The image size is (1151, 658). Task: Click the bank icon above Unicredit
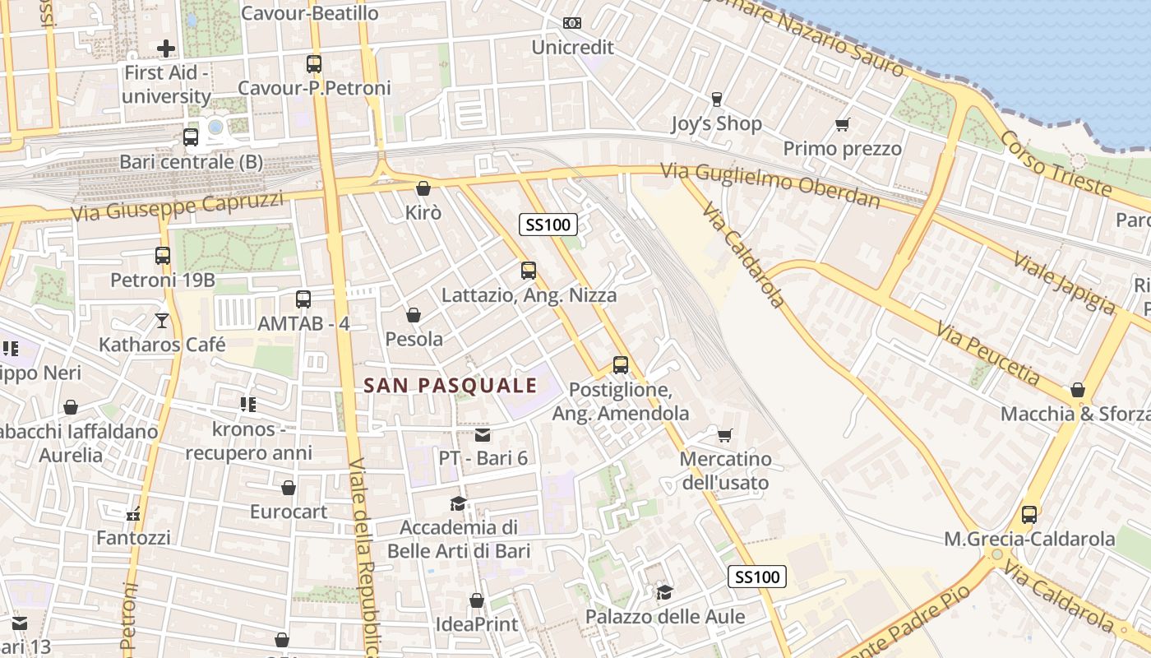(572, 23)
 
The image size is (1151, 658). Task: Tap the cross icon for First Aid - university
(166, 49)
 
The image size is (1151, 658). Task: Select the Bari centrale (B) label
(192, 162)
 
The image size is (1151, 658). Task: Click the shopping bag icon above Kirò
(423, 188)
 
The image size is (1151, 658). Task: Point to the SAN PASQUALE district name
(451, 385)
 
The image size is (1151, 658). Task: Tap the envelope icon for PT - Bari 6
(483, 434)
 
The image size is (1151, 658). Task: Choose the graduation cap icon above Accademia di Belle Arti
(458, 503)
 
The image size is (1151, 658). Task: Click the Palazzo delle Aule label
(665, 616)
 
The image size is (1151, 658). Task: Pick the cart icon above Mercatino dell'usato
(724, 434)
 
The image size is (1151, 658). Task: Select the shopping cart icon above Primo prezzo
(842, 125)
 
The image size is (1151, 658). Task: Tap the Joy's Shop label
(716, 123)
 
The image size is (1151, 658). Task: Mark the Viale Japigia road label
(1064, 283)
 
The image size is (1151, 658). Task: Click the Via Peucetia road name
(987, 353)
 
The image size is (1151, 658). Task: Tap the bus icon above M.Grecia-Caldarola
(1029, 515)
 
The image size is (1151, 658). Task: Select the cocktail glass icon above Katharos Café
(162, 320)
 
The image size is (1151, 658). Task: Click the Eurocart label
(289, 512)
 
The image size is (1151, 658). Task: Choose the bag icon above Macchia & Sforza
(1077, 390)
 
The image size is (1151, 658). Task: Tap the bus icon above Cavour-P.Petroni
(314, 63)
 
